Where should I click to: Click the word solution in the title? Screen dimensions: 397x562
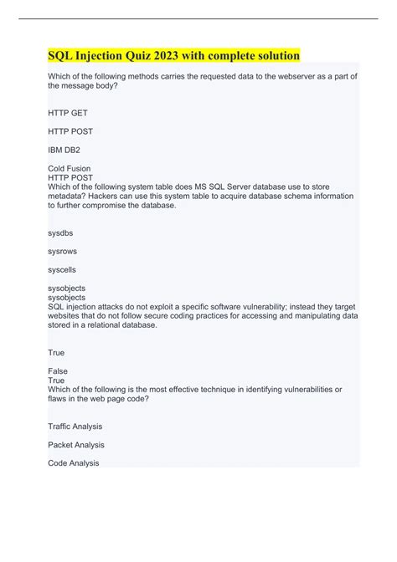(x=274, y=56)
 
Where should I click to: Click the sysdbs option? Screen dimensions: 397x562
(x=61, y=233)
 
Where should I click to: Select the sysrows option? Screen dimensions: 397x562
(x=63, y=252)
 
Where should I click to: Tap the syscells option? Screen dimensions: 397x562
(x=64, y=270)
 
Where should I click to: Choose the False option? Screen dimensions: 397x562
(x=59, y=370)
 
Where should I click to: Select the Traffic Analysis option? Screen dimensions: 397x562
(x=76, y=427)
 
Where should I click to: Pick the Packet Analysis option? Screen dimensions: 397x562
(x=76, y=445)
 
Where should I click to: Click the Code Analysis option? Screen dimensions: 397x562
(x=74, y=462)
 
